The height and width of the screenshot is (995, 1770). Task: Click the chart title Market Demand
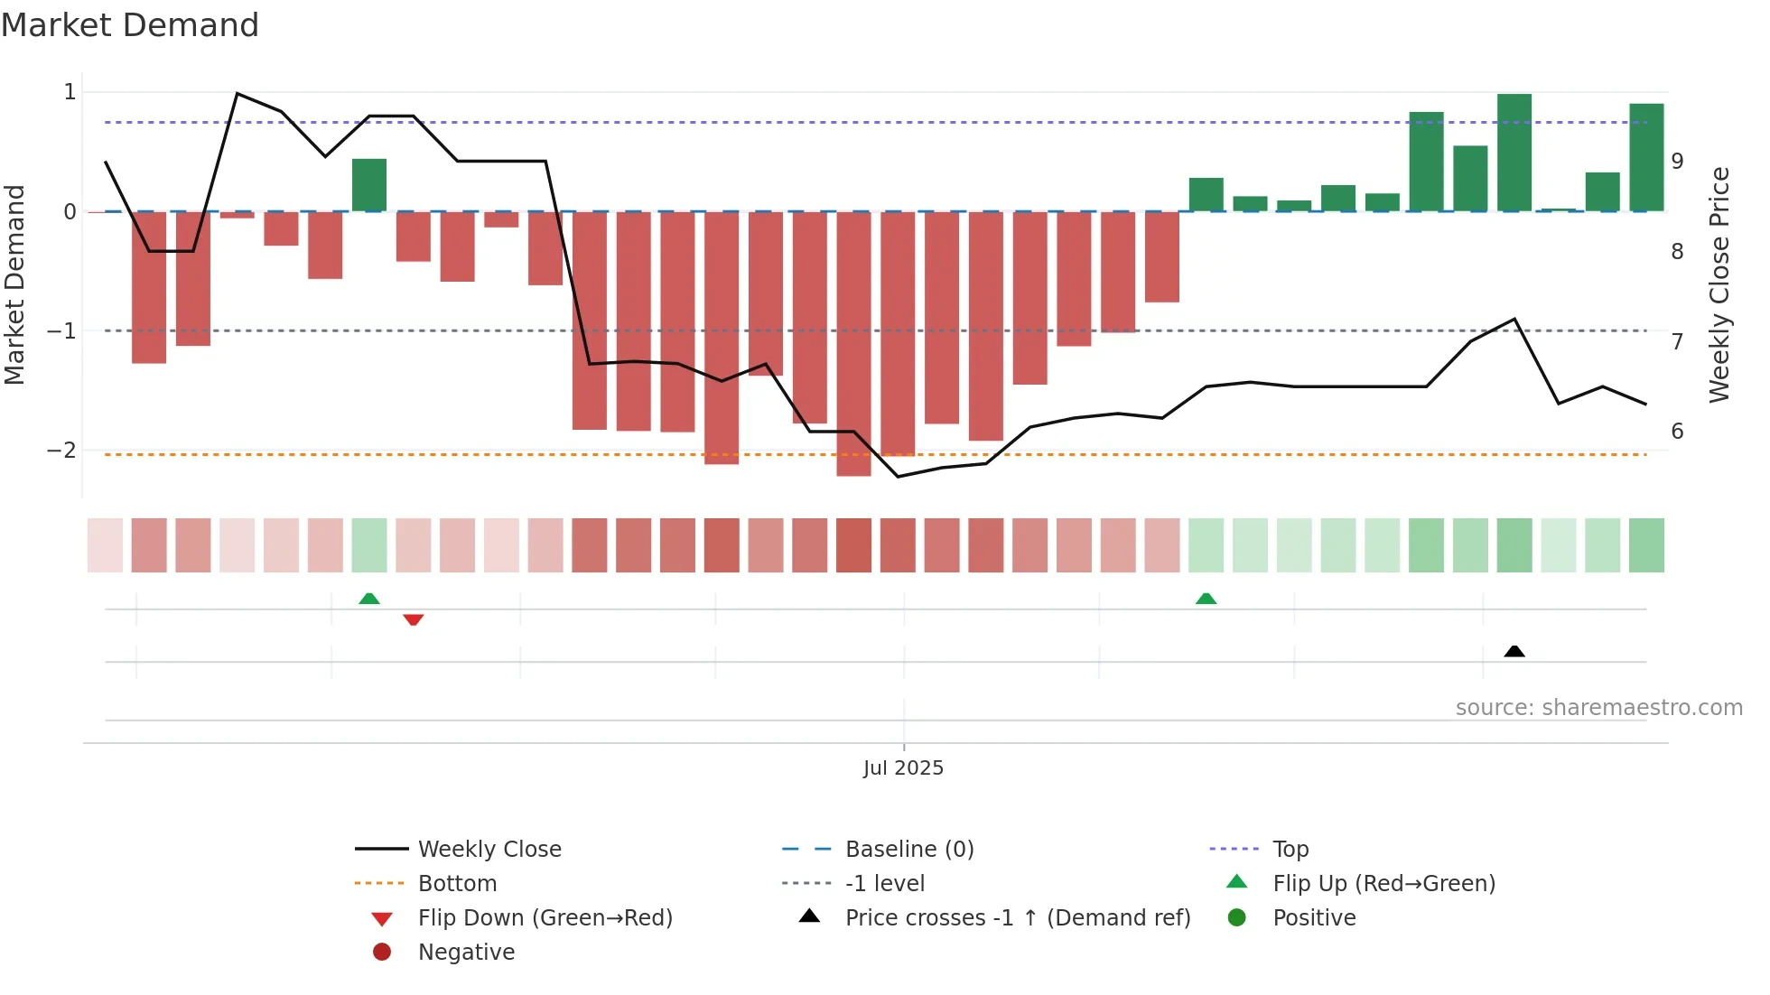coord(130,25)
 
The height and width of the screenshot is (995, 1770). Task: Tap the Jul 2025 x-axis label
coord(903,768)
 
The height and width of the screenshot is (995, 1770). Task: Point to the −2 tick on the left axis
coord(61,451)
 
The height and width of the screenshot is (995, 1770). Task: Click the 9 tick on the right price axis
coord(1677,162)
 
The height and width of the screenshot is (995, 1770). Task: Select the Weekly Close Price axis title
coord(1719,284)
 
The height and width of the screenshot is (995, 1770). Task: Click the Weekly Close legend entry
coord(489,850)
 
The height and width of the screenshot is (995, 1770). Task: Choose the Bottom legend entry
coord(457,884)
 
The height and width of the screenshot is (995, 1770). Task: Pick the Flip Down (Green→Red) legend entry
coord(545,918)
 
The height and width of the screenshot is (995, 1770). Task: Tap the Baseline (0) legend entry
coord(908,850)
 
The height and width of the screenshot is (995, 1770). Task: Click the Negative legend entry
coord(466,953)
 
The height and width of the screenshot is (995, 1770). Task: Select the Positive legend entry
coord(1314,918)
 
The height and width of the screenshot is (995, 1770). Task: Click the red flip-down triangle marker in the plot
coord(414,619)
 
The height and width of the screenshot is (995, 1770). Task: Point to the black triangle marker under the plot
coord(1514,651)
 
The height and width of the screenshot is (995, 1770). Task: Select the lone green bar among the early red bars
coord(369,185)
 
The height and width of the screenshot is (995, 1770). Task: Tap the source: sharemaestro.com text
coord(1598,708)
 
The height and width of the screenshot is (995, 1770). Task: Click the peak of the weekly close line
coord(237,93)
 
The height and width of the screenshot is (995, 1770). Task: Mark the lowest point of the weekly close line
coord(898,477)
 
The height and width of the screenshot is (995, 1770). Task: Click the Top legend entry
coord(1290,850)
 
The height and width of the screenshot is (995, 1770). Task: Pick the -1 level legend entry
coord(884,884)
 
